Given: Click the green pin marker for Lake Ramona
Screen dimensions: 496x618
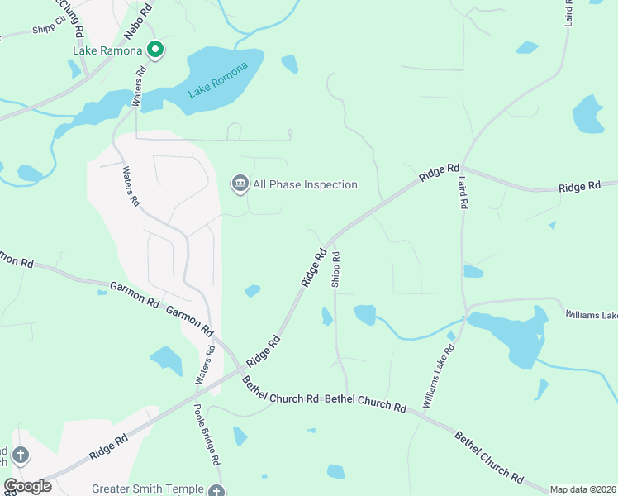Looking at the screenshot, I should click(154, 50).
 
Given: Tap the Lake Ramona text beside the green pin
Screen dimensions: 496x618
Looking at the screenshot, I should click(108, 50).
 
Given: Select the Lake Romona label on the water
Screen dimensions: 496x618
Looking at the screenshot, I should click(218, 80).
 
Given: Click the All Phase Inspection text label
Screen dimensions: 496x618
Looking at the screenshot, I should click(306, 184).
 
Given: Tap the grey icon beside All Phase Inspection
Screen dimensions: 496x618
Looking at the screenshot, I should click(240, 184).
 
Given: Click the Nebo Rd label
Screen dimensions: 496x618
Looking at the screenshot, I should click(138, 21).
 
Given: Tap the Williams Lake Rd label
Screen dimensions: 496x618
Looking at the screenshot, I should click(438, 376).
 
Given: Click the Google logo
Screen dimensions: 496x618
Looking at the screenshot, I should click(27, 486).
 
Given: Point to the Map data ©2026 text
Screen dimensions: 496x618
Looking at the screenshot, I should click(583, 489).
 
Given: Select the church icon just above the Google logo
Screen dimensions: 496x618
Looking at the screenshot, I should click(21, 455).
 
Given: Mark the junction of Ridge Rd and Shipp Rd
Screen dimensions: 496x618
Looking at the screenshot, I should click(331, 241).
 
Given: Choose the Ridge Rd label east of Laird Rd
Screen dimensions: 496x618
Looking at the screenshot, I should click(579, 187).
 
